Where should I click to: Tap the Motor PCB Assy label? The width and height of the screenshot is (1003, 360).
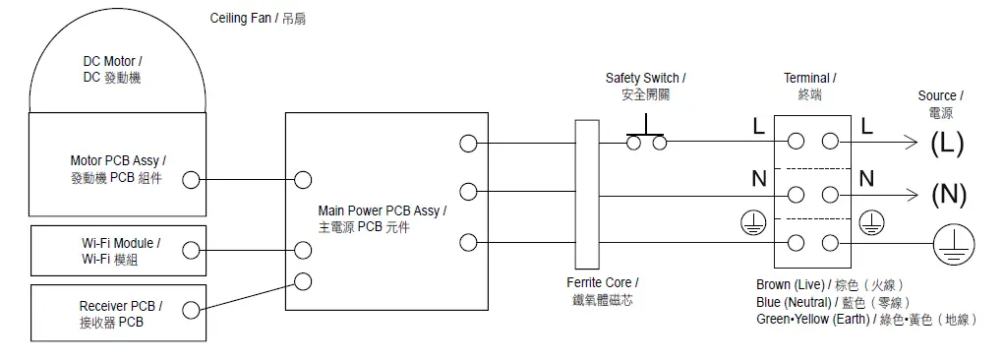coord(117,168)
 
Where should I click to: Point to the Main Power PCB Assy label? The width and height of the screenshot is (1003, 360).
coord(382,218)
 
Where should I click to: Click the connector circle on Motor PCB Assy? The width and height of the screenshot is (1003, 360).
coord(191,180)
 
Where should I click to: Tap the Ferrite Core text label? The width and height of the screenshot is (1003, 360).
coord(603,290)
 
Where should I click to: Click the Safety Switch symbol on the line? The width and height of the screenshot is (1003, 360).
coord(646,138)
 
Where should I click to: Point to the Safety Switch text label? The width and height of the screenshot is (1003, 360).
coord(646,86)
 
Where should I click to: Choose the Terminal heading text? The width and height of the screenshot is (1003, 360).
coord(809,86)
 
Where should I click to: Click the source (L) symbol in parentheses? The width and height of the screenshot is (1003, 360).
coord(947,143)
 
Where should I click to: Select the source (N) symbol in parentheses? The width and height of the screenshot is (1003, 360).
coord(949,194)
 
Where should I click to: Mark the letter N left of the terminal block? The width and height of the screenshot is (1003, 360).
coord(758,179)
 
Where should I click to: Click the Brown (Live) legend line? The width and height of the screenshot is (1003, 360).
coord(837,284)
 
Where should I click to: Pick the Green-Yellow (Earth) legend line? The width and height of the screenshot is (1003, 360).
coord(865,319)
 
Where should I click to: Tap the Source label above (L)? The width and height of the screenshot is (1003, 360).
coord(940,103)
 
